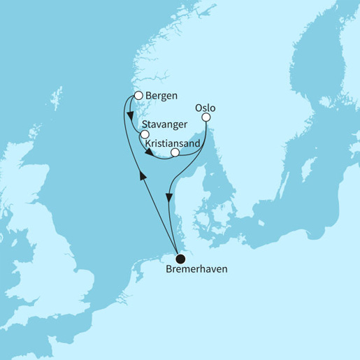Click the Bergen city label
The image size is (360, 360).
pyautogui.click(x=161, y=96)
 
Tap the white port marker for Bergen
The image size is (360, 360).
pyautogui.click(x=138, y=96)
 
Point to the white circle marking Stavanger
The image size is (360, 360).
pyautogui.click(x=145, y=133)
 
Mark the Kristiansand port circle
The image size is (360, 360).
pyautogui.click(x=175, y=152)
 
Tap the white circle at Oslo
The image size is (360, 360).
pyautogui.click(x=206, y=118)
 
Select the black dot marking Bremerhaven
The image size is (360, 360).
pyautogui.click(x=180, y=257)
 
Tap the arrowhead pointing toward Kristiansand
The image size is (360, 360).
pyautogui.click(x=150, y=149)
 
